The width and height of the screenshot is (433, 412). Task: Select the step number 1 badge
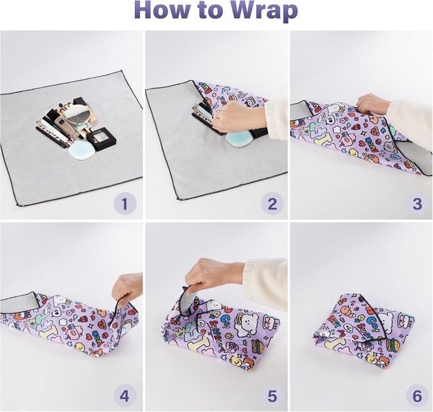pos(123,204)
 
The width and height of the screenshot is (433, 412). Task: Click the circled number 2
pos(271,204)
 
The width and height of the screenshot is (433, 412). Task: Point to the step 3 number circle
pos(416,204)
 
